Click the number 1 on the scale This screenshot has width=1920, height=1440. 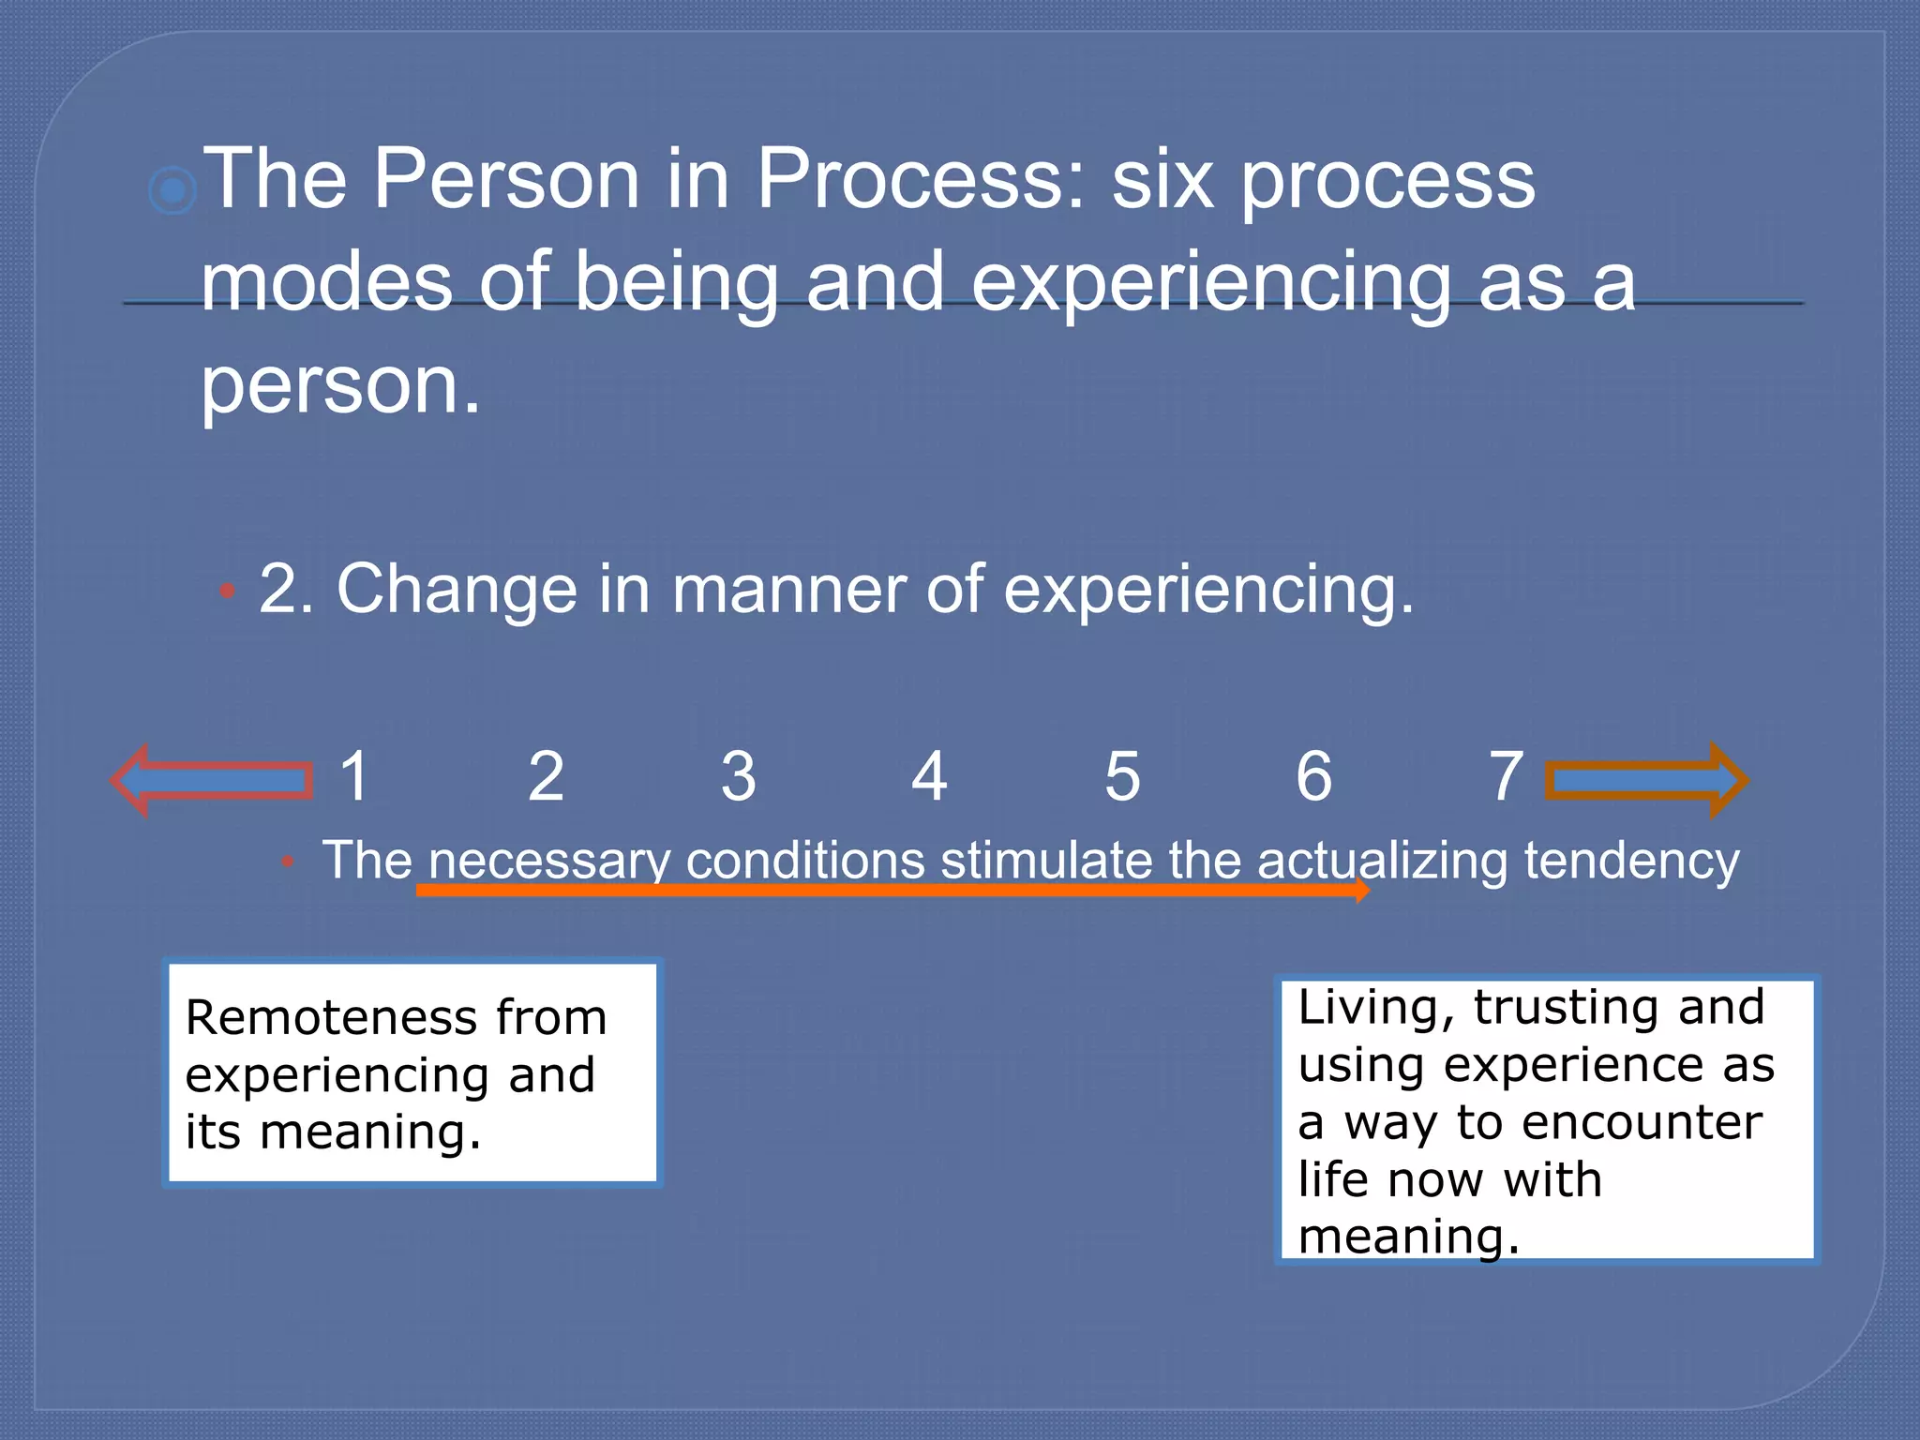point(354,776)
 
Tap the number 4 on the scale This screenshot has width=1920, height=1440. point(929,776)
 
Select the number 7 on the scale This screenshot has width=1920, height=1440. point(1506,776)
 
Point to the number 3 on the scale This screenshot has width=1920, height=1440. point(738,776)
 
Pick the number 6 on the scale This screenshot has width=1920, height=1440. point(1313,776)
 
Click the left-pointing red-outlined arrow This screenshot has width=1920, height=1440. point(211,780)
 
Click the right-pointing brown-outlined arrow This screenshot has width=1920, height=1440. point(1646,780)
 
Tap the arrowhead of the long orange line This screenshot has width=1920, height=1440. point(1362,890)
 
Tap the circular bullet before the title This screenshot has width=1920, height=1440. point(172,192)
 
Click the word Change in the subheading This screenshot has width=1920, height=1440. point(457,589)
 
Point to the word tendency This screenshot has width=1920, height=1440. point(1631,861)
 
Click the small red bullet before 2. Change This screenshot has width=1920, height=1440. point(226,592)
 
